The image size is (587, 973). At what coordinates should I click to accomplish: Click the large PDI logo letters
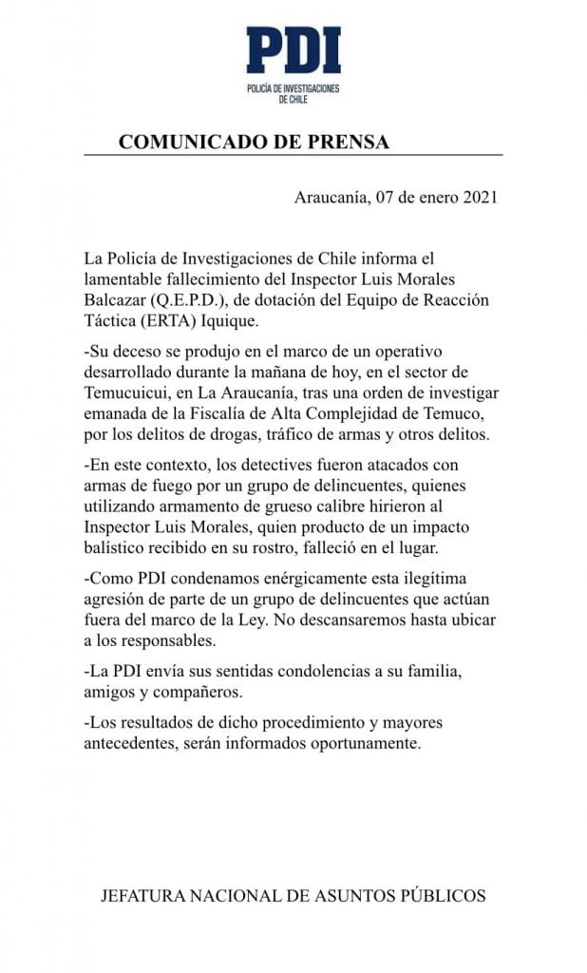293,50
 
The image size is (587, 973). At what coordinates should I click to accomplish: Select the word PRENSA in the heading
350,143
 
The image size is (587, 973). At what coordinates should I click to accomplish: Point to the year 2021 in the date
480,199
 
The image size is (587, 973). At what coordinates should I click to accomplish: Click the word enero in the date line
423,199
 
